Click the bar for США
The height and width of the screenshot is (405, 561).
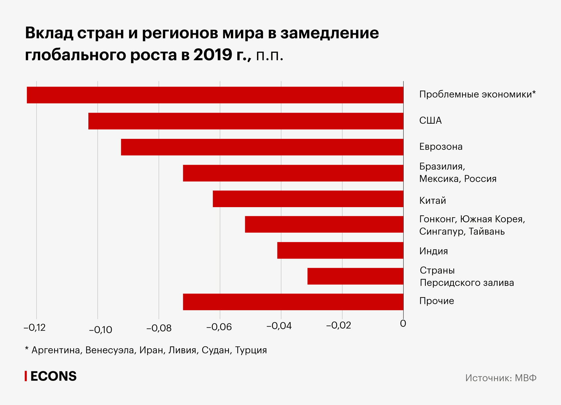pos(246,121)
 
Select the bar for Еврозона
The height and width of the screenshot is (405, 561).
pos(262,147)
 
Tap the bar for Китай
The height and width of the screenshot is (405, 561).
pos(308,199)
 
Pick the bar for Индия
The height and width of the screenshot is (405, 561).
pos(340,250)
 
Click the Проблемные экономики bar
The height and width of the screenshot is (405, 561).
pos(215,95)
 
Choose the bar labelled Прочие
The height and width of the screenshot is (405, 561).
pos(293,302)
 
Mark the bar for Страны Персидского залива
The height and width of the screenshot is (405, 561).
pos(355,276)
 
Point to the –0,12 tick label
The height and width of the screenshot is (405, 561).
pos(35,327)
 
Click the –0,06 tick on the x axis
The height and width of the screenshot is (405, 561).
pos(219,327)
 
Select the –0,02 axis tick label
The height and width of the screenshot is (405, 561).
pos(339,325)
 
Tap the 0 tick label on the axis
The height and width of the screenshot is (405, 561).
pos(403,324)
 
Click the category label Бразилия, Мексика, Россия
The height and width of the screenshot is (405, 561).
pos(457,173)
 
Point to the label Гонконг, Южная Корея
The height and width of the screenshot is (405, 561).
pos(472,219)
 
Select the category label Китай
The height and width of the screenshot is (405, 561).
pos(433,201)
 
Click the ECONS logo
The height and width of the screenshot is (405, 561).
pos(51,376)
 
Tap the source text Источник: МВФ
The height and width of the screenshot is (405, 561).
pos(501,378)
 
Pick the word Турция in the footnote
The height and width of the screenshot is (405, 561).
pos(251,350)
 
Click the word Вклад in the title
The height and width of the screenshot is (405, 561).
pos(49,33)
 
